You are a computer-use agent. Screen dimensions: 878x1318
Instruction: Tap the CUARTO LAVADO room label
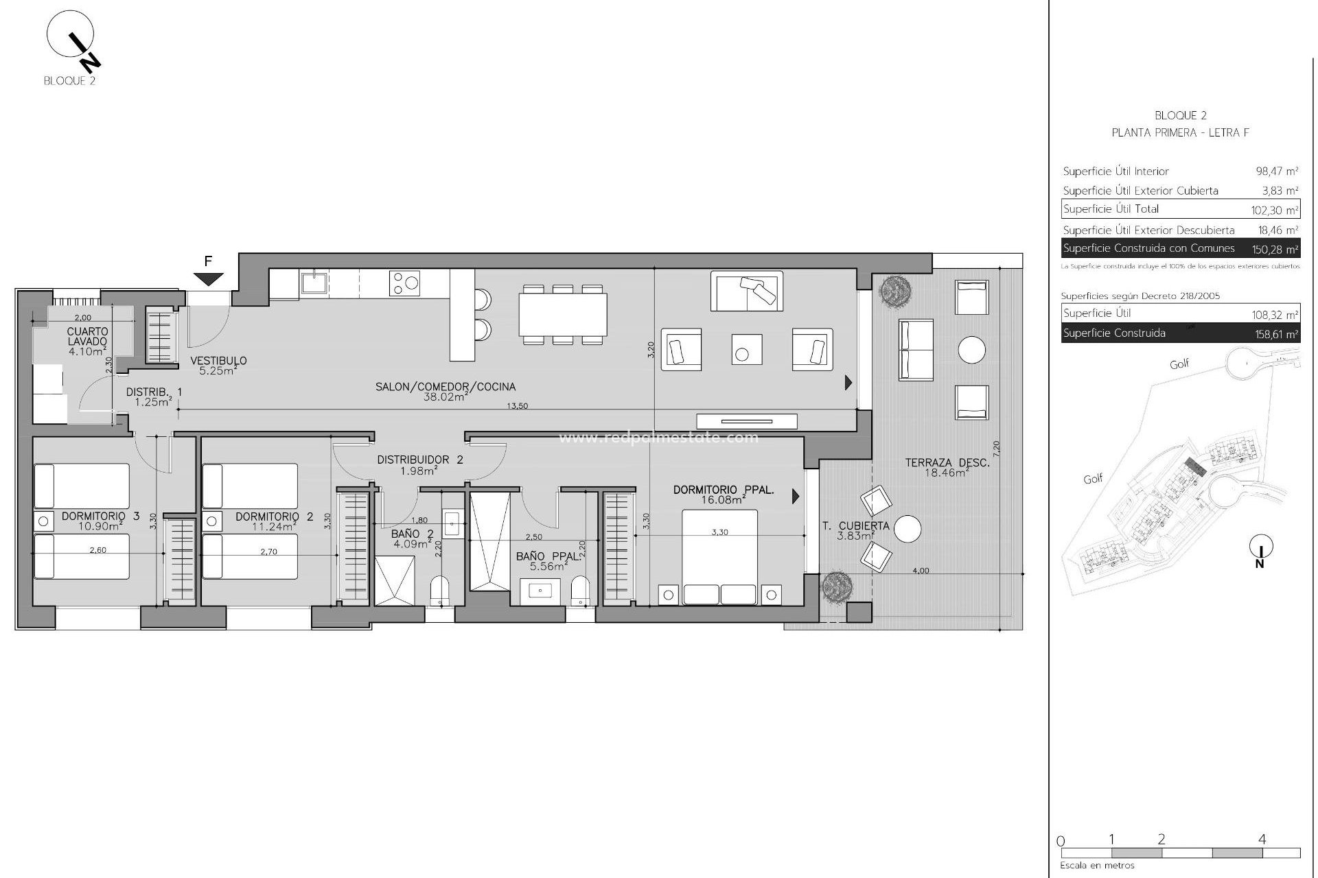[x=87, y=336]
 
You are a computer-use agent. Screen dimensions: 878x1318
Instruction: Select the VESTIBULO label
[x=218, y=361]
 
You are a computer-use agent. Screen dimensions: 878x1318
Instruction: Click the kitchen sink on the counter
[x=314, y=282]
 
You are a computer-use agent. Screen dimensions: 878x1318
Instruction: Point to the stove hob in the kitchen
[x=404, y=283]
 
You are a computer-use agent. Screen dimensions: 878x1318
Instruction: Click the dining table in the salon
[x=563, y=314]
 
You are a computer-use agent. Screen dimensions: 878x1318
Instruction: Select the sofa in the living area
[x=747, y=292]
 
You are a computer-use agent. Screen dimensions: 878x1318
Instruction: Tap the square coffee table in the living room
[x=746, y=350]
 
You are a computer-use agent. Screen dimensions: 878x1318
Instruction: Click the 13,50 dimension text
[x=517, y=406]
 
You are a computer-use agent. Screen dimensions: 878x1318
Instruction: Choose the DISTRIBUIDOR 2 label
[x=419, y=460]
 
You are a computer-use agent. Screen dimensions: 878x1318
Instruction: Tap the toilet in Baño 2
[x=439, y=591]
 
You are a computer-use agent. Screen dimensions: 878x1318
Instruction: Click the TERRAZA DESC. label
[x=947, y=463]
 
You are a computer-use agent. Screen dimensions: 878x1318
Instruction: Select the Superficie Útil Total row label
[x=1111, y=209]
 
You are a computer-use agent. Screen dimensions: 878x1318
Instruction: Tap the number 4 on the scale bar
[x=1262, y=839]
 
